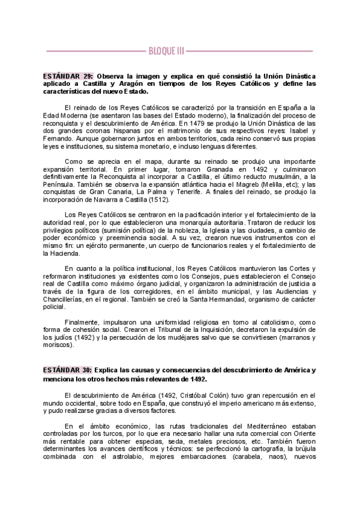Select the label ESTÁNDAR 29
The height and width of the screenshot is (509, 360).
(67, 77)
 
